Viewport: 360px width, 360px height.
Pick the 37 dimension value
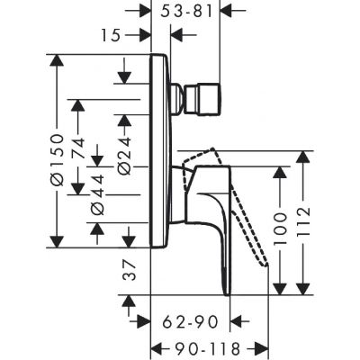coord(128,270)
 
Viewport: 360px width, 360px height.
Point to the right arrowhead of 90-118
coord(263,346)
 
